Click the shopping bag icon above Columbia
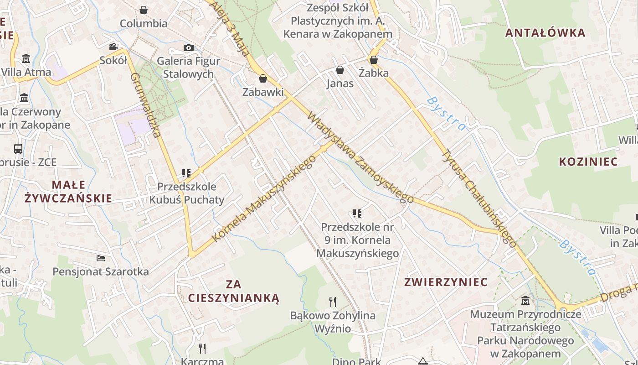click(x=144, y=10)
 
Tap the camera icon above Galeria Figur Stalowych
click(x=188, y=47)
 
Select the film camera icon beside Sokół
click(x=113, y=47)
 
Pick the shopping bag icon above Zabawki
click(x=262, y=78)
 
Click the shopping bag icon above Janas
click(x=340, y=70)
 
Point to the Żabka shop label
click(x=374, y=73)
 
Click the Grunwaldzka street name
click(x=146, y=105)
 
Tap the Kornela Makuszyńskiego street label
click(x=264, y=198)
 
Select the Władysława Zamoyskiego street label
click(x=360, y=157)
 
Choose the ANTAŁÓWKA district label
click(x=545, y=33)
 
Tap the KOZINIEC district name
click(x=588, y=162)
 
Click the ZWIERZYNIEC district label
click(x=446, y=282)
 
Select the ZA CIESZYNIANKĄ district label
click(x=233, y=291)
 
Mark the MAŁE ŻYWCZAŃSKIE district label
click(x=68, y=191)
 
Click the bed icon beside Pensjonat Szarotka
click(x=101, y=258)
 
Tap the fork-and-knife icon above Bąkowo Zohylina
click(x=333, y=302)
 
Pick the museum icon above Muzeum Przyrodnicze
click(x=525, y=300)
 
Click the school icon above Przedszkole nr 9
click(x=357, y=213)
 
